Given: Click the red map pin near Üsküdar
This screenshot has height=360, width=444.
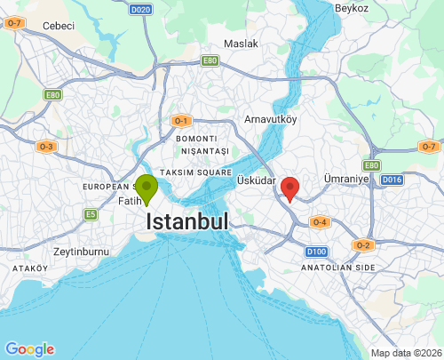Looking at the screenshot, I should pos(289,188).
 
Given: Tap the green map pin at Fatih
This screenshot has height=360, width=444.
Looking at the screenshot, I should pos(147,188).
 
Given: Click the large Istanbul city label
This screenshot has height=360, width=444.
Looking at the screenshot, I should pos(186,220).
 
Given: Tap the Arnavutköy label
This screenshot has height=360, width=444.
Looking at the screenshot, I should pos(270,119).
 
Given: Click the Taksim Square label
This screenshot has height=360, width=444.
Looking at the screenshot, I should pos(196,172).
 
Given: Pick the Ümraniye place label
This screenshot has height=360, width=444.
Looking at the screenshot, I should pos(346,179).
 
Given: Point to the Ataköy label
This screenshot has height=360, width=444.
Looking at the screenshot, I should pos(29,268).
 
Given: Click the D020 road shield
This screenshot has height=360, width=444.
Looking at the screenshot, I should pos(141,10).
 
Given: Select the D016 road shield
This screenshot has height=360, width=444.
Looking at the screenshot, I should pos(392,180).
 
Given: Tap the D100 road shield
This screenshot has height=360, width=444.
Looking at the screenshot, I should pos(316,252).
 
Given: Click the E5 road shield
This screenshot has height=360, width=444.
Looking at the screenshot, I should pos(91,214).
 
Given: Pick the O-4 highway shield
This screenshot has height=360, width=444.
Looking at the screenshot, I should pos(320,222).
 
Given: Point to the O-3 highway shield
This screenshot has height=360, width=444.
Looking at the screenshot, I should pos(46,147).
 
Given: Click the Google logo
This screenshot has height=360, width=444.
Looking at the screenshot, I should pos(29,349).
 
